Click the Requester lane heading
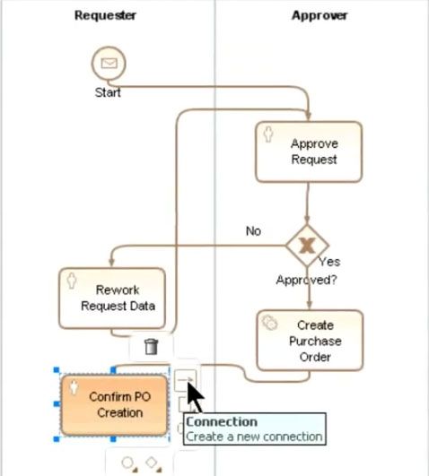coord(105,15)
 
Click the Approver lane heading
coord(320,15)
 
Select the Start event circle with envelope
coord(109,64)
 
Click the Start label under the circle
coord(108,92)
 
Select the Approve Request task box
coord(309,151)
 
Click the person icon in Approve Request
coord(268,134)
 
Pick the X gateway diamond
coord(307,246)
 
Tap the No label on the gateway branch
coord(253,231)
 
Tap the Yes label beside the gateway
coord(329,262)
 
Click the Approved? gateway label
coord(306,280)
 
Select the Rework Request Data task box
coord(112,299)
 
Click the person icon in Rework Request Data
coord(72,281)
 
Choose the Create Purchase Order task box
coord(310,341)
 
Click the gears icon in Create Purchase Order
coord(269,323)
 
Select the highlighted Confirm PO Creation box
coord(114,405)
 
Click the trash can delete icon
coord(151,347)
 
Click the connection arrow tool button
coord(185,380)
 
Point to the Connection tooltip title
coord(222,421)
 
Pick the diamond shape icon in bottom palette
coord(153,463)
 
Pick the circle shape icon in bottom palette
coord(129,464)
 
